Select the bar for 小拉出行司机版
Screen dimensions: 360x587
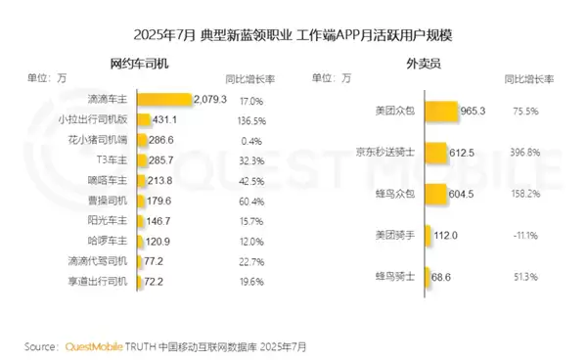(144, 118)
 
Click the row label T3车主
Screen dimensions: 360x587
(115, 159)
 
